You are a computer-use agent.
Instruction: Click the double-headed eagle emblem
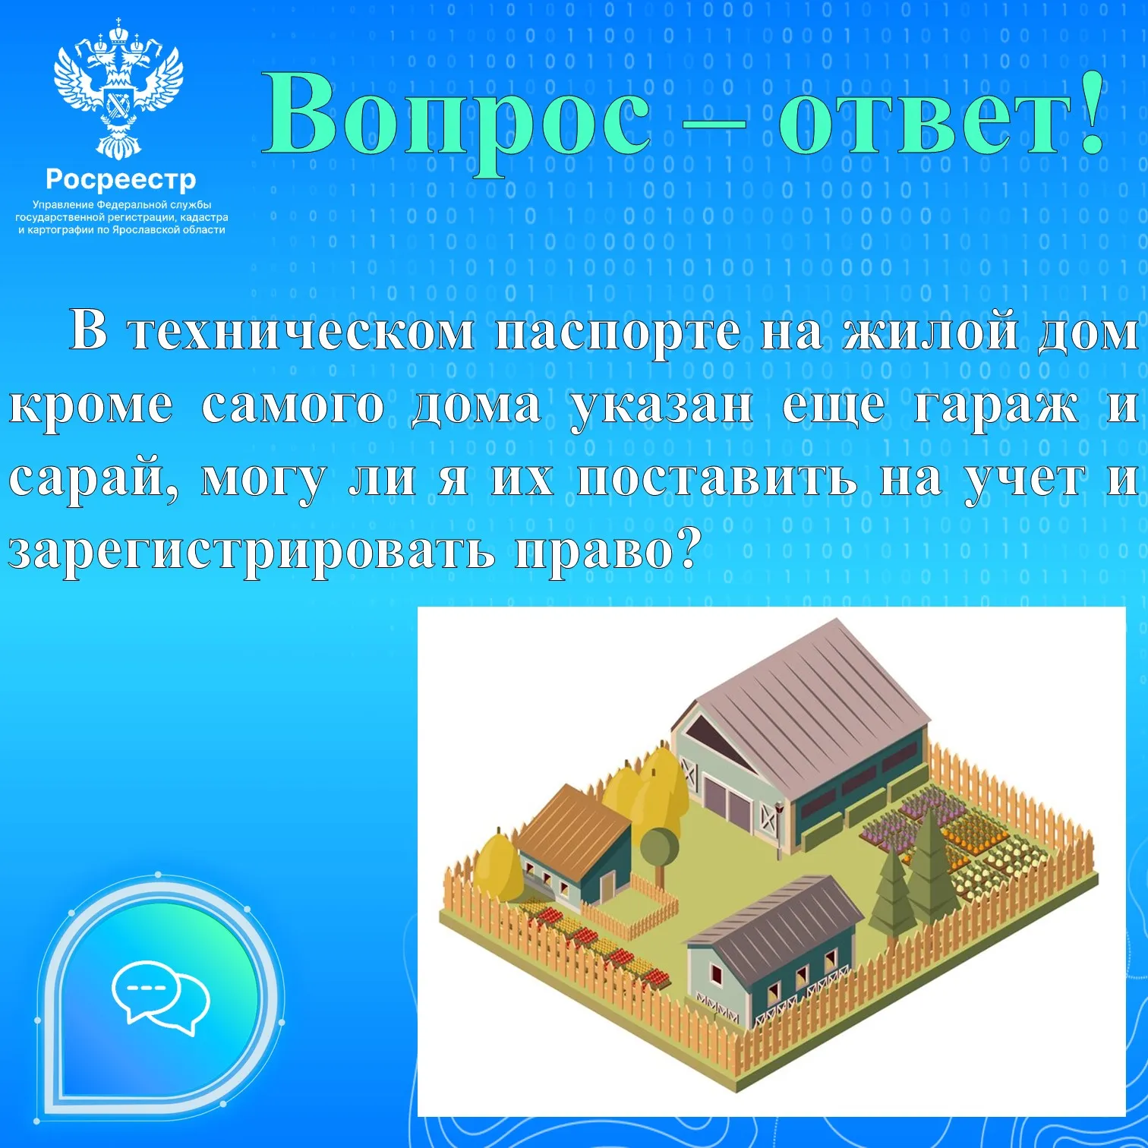(x=118, y=90)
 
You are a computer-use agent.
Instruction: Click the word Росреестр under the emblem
(x=121, y=181)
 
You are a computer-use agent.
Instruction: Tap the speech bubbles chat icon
(x=160, y=997)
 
